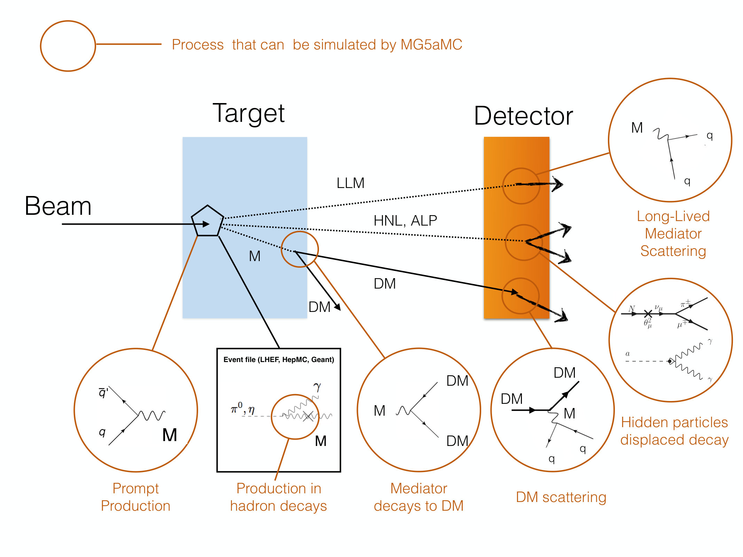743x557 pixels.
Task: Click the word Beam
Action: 58,206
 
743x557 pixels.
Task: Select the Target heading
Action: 249,113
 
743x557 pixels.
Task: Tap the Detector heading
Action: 523,116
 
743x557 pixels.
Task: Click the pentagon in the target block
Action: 208,221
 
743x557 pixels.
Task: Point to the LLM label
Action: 350,183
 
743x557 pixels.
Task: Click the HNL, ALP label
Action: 405,221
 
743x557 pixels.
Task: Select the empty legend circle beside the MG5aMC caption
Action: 68,46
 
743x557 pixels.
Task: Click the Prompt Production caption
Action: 135,497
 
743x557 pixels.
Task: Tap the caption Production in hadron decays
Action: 279,497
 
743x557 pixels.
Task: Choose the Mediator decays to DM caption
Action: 419,497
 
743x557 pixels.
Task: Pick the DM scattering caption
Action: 561,497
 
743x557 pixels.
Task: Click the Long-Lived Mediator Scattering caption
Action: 673,234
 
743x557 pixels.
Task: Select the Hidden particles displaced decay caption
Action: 674,431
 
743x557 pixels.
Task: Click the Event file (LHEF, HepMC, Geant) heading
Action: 279,360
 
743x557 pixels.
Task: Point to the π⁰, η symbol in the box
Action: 243,408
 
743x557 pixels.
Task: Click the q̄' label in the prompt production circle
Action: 103,392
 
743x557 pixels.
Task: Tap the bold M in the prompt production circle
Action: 170,435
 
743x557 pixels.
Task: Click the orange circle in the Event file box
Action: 272,417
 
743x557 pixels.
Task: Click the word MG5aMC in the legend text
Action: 431,45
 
